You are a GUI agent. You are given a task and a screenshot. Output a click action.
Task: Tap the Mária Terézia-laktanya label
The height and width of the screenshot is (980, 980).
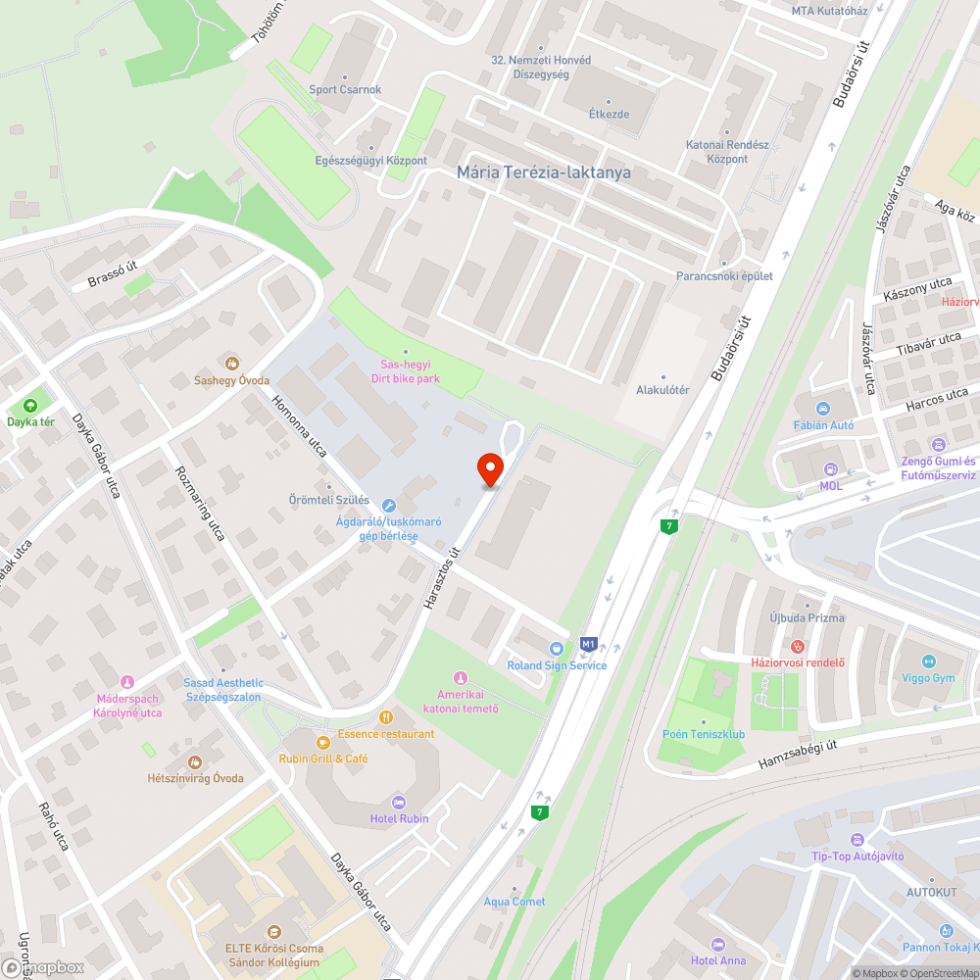[x=544, y=172]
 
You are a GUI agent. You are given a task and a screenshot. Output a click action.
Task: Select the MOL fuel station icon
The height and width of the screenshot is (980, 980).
[x=831, y=469]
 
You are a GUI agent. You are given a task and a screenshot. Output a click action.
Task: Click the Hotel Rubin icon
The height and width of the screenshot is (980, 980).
[x=398, y=802]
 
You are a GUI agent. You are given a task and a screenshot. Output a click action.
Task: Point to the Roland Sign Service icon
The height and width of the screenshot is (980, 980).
[x=557, y=649]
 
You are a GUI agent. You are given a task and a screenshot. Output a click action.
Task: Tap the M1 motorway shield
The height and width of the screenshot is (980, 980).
[x=588, y=644]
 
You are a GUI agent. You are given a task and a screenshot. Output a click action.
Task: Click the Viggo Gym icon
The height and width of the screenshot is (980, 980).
[x=928, y=661]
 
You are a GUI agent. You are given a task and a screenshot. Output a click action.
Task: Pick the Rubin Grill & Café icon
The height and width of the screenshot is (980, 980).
[x=322, y=741]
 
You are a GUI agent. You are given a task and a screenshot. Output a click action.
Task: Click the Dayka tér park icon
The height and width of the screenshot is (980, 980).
[x=30, y=406]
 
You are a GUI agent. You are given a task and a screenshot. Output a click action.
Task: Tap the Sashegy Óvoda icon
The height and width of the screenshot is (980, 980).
[x=231, y=364]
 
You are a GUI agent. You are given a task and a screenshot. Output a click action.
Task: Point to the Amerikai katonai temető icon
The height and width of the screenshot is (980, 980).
[x=460, y=678]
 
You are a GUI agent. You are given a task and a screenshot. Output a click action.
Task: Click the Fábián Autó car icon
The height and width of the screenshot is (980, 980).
[x=823, y=409]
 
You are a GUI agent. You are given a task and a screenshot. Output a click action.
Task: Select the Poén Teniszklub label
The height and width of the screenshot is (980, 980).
[x=704, y=734]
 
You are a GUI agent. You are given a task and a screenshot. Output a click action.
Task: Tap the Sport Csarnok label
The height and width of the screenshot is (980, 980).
[x=345, y=90]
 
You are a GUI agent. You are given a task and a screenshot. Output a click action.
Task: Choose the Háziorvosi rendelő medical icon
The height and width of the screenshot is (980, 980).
[x=798, y=646]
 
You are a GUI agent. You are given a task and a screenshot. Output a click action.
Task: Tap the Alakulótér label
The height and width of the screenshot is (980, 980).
[x=662, y=390]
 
